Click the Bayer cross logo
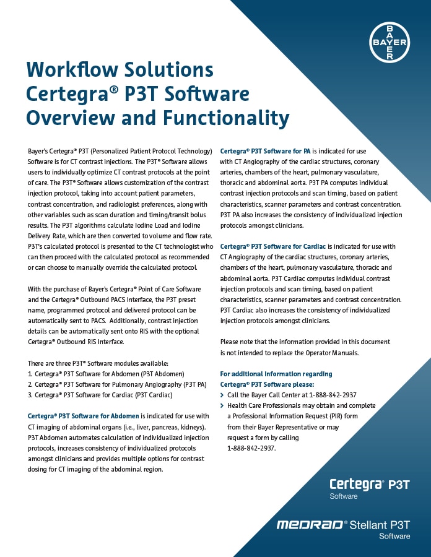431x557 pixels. point(390,42)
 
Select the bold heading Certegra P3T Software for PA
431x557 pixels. point(266,150)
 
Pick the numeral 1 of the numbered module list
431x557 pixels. point(30,374)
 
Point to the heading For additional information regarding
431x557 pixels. point(276,374)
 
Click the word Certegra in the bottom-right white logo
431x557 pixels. point(356,484)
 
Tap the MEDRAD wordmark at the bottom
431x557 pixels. point(309,525)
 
